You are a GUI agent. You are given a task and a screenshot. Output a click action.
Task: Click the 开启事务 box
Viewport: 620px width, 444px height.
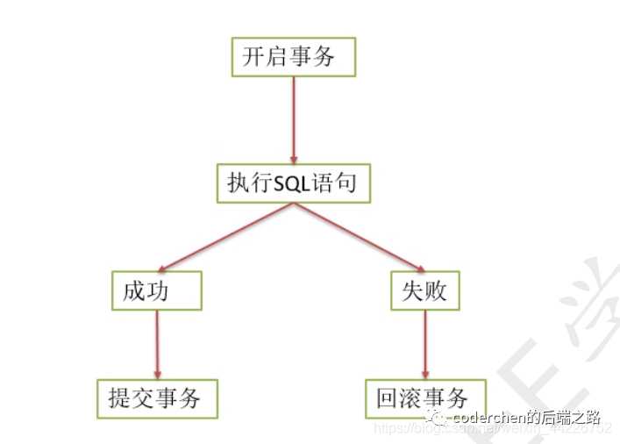[x=293, y=57]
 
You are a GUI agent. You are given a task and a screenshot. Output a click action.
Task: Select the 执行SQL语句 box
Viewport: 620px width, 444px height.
[x=293, y=183]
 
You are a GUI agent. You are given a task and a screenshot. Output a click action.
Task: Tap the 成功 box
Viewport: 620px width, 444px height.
[x=156, y=290]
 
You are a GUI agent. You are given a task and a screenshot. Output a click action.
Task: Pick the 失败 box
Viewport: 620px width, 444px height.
[x=424, y=290]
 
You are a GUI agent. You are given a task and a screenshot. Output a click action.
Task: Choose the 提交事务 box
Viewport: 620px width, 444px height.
[x=156, y=398]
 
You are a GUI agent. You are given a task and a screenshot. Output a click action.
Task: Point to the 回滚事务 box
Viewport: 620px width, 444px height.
[x=424, y=398]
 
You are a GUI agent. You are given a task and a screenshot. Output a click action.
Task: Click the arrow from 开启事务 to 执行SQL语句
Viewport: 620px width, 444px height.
[x=293, y=119]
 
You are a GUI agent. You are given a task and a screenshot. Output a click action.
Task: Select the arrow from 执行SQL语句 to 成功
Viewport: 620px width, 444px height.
[x=224, y=237]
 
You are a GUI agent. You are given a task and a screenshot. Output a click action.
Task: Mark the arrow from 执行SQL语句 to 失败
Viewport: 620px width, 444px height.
[x=360, y=237]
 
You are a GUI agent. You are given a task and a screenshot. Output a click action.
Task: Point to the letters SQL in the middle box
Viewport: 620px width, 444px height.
[x=294, y=183]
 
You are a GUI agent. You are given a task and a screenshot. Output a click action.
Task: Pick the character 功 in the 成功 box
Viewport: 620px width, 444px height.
[x=168, y=291]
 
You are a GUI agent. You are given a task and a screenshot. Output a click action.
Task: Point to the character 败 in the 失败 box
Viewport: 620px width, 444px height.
[x=437, y=291]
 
